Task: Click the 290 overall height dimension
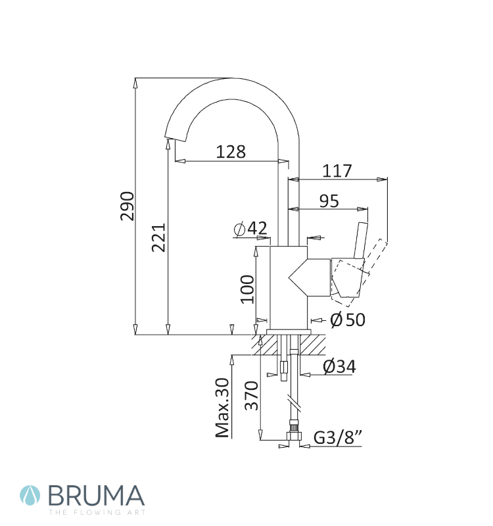click(127, 206)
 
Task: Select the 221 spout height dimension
click(158, 237)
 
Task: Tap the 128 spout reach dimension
click(231, 152)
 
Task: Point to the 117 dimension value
click(337, 171)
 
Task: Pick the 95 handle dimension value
click(329, 201)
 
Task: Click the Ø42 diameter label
click(250, 229)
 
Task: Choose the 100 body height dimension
click(247, 289)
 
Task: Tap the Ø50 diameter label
click(348, 320)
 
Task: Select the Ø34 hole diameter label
click(339, 366)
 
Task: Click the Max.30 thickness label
click(222, 408)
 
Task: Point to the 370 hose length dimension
click(251, 396)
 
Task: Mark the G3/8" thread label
click(338, 437)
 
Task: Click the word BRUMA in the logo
click(97, 496)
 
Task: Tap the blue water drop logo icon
click(30, 496)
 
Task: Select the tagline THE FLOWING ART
click(97, 512)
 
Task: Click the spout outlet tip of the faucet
click(175, 138)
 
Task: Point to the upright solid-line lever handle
click(360, 240)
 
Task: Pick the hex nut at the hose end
click(294, 436)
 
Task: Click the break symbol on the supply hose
click(294, 402)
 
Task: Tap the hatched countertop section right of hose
click(313, 345)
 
